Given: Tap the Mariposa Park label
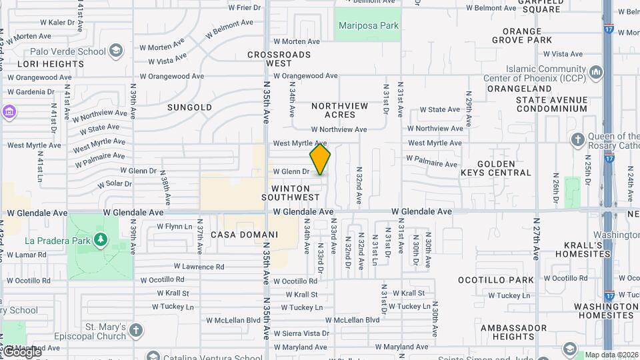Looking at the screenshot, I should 368,26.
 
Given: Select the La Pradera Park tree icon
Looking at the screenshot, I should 100,239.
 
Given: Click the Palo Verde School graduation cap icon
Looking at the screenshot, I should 116,51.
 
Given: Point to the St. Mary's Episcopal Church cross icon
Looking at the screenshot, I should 136,330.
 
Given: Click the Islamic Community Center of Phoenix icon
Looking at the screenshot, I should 597,72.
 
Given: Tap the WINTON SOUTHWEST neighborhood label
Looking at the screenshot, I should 291,193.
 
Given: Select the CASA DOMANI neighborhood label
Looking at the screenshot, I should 244,235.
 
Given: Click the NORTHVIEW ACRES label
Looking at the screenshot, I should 339,110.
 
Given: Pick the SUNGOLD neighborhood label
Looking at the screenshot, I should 189,107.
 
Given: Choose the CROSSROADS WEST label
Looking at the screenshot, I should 279,59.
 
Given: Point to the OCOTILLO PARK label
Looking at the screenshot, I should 506,280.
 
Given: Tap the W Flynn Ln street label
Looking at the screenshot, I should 174,227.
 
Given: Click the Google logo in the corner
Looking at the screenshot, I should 21,351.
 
